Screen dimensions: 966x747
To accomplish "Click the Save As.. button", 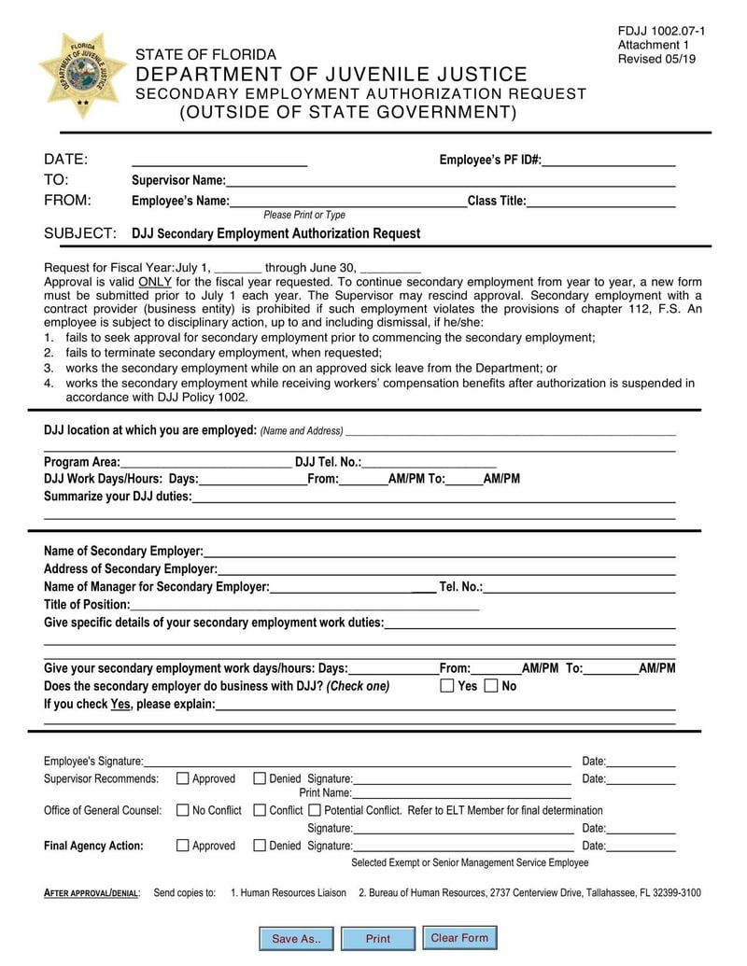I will tap(296, 939).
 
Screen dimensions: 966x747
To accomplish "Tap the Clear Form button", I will tap(459, 937).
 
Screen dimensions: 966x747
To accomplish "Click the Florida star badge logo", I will tap(82, 75).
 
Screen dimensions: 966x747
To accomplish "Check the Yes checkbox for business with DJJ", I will tap(447, 686).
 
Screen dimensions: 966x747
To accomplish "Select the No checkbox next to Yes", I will tap(491, 686).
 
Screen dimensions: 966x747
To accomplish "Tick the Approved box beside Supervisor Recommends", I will tap(183, 778).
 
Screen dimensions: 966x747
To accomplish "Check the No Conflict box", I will tap(183, 810).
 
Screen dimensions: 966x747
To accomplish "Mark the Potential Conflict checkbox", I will tap(315, 810).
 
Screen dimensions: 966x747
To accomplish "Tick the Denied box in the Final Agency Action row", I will tap(260, 846).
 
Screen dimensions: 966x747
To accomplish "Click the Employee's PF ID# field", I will tap(608, 161).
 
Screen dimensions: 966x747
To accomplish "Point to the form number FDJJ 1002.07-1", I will tap(661, 32).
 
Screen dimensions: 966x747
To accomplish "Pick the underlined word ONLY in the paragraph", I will tap(154, 281).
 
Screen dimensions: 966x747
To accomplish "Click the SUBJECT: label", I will tap(80, 233).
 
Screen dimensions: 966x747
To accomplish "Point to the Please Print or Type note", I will tap(304, 215).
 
